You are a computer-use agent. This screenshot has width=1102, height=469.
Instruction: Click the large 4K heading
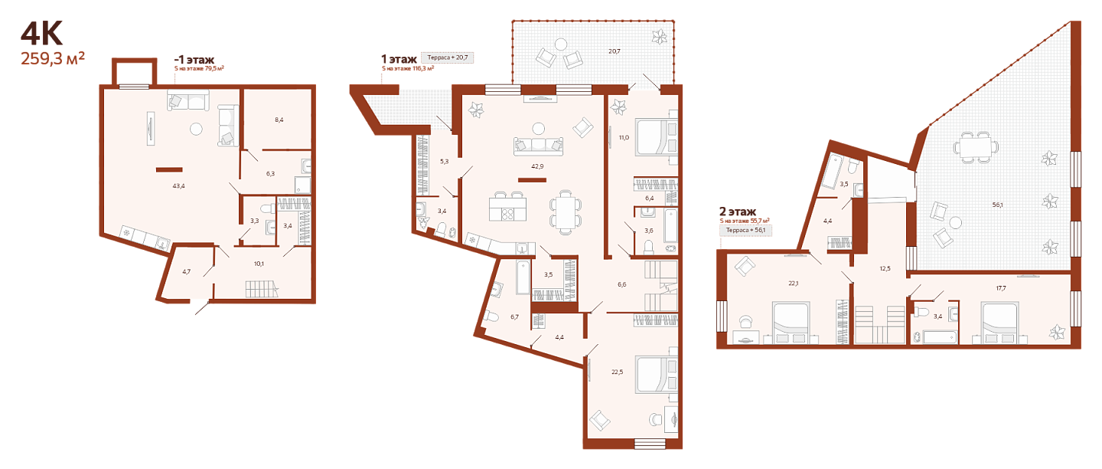41,34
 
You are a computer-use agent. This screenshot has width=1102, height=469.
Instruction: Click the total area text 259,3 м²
53,58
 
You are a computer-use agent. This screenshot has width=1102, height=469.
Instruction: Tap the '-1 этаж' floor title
194,60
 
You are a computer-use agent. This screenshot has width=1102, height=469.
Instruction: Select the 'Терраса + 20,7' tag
447,57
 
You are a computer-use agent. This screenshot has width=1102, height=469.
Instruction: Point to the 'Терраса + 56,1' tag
746,230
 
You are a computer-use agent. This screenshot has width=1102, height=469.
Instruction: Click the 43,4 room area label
178,185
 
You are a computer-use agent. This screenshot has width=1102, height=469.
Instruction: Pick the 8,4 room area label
279,120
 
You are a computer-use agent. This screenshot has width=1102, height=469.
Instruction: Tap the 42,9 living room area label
537,166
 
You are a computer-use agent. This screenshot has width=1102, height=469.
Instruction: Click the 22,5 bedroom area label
617,372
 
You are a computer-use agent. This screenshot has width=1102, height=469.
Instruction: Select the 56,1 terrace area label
997,205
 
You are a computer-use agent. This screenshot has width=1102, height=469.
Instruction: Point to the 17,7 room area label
1001,288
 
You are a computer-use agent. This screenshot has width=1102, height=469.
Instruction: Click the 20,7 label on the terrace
614,51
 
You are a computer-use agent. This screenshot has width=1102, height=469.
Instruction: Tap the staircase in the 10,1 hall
262,289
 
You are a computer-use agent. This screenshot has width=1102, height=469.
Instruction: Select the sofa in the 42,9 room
538,146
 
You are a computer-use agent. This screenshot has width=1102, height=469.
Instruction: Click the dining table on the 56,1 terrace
976,147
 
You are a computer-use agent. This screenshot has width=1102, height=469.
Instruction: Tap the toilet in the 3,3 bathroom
269,208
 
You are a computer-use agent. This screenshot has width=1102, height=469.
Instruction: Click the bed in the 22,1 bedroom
791,323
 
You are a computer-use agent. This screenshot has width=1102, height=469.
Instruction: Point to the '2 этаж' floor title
738,212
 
